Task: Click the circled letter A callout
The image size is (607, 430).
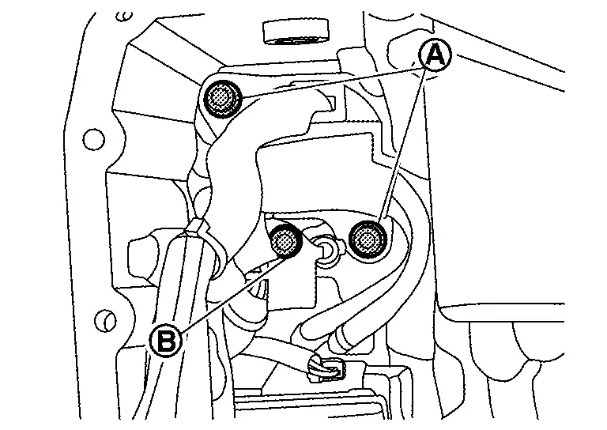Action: point(433,55)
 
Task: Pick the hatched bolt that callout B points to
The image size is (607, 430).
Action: point(285,241)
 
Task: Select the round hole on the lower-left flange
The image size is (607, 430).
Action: point(101,321)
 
